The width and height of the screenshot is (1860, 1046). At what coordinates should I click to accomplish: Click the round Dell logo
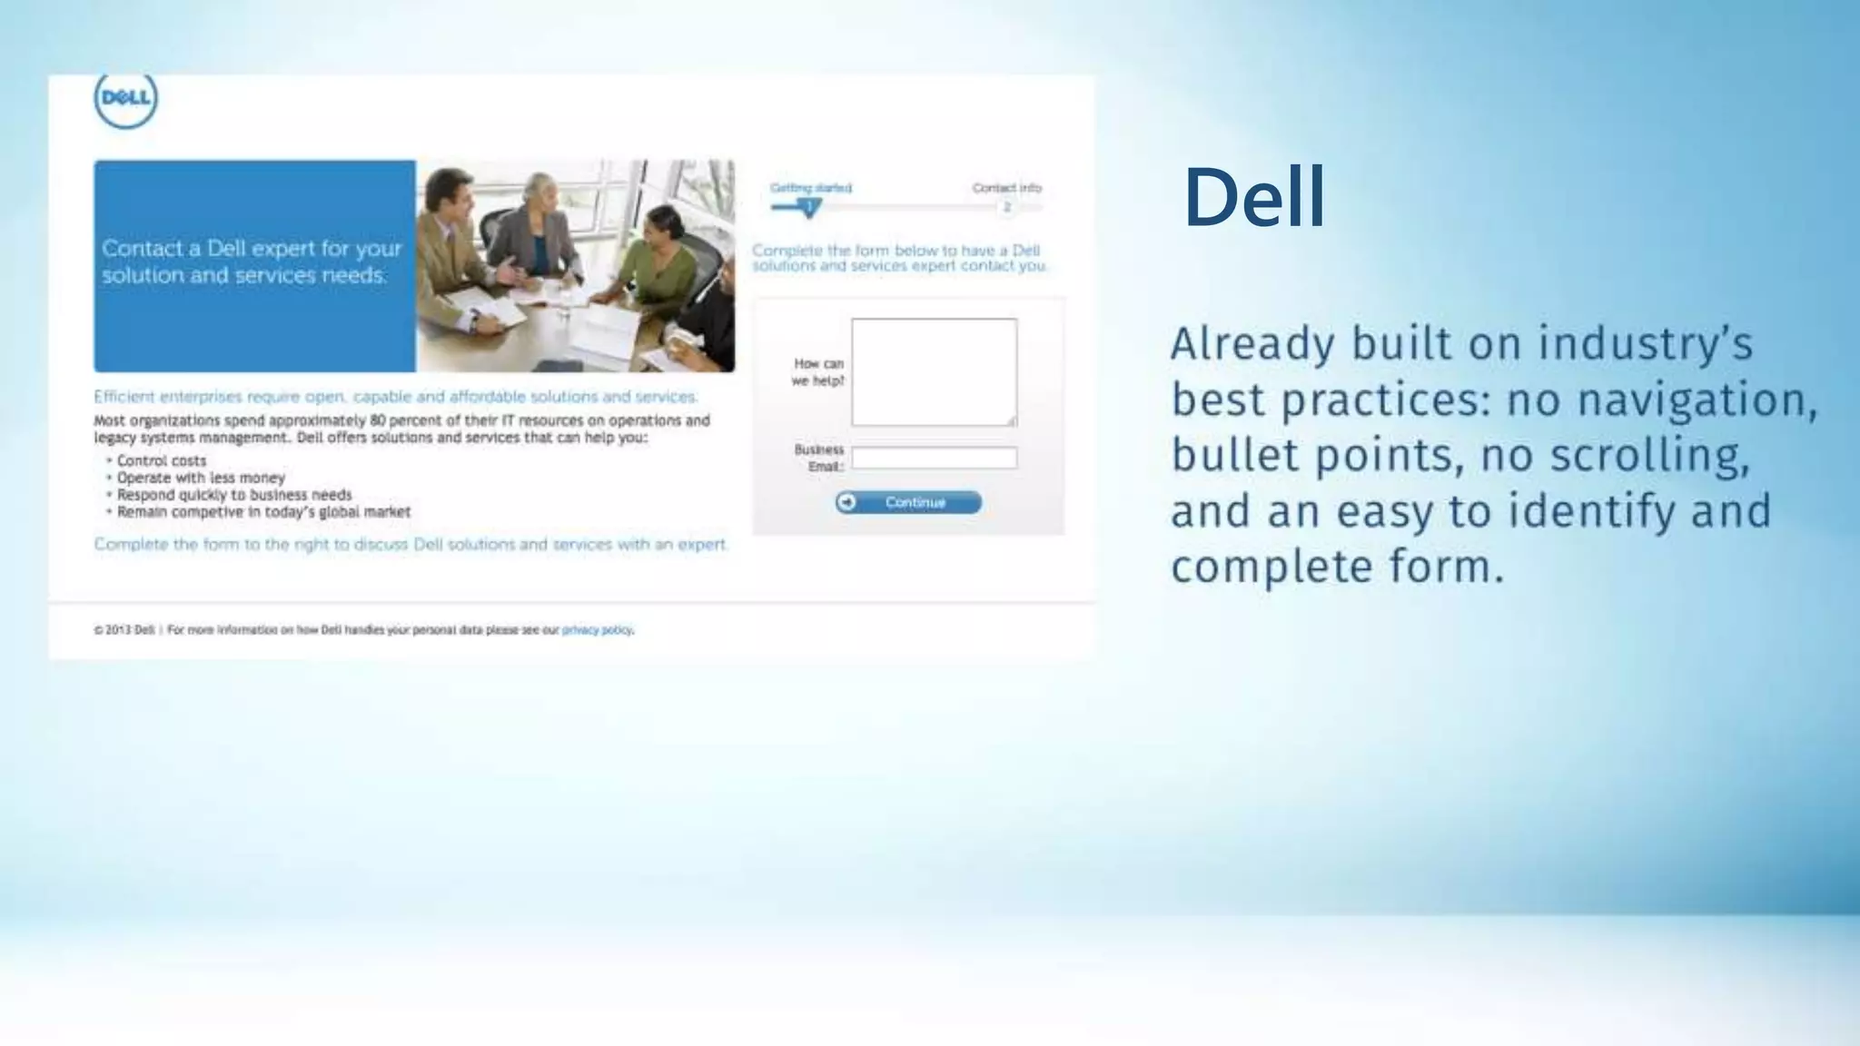click(125, 98)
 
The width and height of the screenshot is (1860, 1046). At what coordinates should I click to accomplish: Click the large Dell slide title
click(1254, 197)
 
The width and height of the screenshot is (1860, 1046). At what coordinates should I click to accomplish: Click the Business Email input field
click(934, 458)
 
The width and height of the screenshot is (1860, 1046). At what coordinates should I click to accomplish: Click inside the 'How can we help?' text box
click(934, 371)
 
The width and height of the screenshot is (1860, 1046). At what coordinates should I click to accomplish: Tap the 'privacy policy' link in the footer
click(597, 630)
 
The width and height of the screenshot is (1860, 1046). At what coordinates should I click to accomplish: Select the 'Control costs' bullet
click(162, 461)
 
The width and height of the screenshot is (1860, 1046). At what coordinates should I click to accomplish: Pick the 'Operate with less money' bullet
click(201, 478)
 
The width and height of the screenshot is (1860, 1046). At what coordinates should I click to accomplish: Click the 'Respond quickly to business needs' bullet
click(233, 495)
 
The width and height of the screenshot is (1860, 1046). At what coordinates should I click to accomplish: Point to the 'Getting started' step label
click(811, 188)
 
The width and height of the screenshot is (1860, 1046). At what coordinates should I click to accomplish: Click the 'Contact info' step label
click(1006, 188)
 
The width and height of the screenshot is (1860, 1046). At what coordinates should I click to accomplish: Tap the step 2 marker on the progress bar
click(1006, 208)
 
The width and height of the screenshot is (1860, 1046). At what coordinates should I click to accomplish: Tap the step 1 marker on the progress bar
click(808, 207)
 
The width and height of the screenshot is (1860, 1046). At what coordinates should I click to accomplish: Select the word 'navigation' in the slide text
click(1661, 400)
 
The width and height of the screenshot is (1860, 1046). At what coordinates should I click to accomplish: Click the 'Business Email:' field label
click(819, 458)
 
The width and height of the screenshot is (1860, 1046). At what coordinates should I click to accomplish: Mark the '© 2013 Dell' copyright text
click(124, 630)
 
